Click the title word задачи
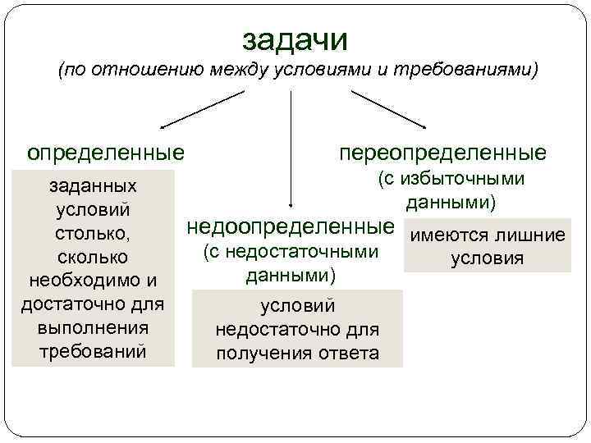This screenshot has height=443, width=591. coord(295,39)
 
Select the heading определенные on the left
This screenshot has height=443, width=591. coord(105,153)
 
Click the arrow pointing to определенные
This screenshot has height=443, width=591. coord(202,110)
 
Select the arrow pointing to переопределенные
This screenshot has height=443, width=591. coord(387,110)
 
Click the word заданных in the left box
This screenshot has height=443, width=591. coord(89,187)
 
